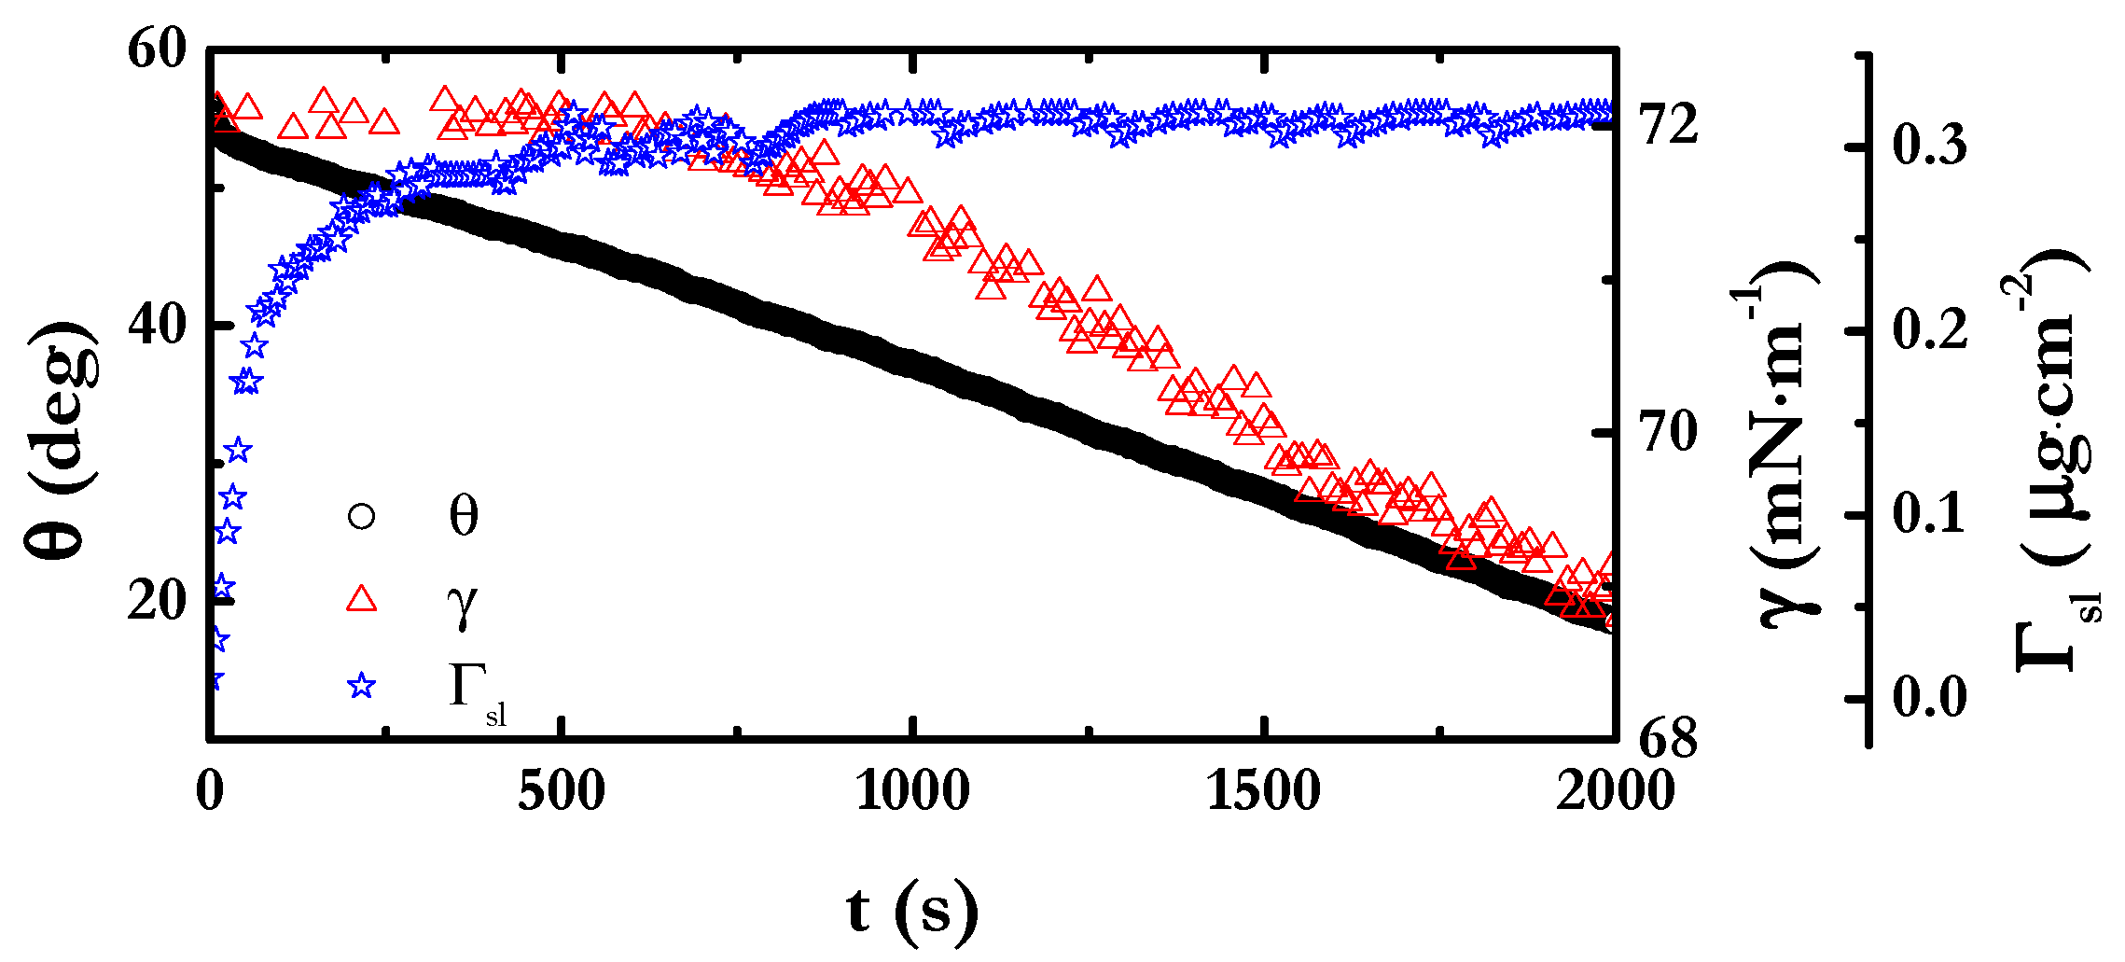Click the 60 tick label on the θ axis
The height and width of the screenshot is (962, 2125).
[157, 49]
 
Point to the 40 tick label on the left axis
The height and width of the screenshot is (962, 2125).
[157, 326]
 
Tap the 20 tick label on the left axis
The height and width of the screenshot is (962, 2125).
[157, 599]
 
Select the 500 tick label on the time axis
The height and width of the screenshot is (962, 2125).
[562, 791]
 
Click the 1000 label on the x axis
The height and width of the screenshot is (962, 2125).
[912, 791]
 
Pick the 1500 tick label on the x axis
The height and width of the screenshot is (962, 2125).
[1263, 791]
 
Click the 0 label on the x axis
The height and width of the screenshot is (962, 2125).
[211, 791]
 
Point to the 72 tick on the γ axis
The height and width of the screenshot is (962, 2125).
[1669, 125]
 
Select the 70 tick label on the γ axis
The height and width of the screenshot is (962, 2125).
[1669, 432]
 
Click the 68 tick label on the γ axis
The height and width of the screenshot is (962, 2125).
[1669, 739]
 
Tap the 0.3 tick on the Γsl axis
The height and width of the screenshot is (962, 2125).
[1930, 146]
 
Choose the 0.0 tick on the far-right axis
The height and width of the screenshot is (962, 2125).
[1930, 698]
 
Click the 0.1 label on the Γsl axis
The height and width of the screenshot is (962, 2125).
[1930, 514]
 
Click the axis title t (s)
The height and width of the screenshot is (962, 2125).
[912, 910]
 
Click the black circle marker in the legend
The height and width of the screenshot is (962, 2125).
[361, 516]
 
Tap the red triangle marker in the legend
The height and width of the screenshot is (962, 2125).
[361, 599]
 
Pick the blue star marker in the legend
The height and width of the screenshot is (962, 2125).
[361, 687]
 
